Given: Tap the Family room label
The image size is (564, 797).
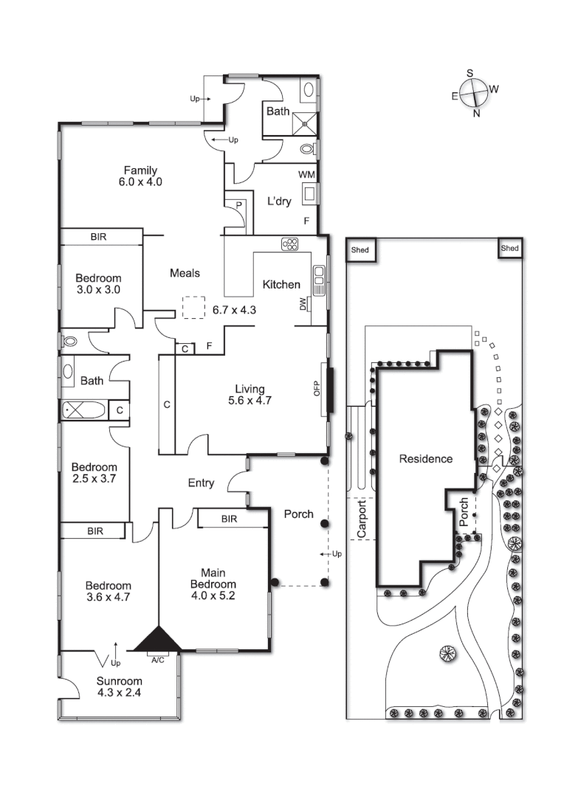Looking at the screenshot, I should coord(140,176).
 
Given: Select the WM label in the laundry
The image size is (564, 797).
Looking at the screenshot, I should coord(307,174).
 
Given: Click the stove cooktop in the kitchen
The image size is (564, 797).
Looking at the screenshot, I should coord(289,244).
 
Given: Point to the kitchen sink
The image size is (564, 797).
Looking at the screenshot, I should coord(320,280).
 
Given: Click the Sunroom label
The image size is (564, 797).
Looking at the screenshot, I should coord(119,686).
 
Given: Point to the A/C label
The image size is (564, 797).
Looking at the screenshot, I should coord(157,659).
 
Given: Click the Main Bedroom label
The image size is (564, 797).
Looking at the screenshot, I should coord(213,583).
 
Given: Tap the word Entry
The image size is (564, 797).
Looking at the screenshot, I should coord(201,483).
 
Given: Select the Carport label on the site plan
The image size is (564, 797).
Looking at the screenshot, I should coord(362,520).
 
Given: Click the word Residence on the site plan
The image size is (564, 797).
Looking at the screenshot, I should coord(426,458).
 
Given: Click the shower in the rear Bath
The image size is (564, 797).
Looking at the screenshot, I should coord(303,122).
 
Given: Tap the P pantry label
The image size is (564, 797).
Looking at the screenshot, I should coord(238,204).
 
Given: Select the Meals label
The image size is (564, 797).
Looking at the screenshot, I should coord(185,273).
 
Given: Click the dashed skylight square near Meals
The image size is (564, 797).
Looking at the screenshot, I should coord(194,307).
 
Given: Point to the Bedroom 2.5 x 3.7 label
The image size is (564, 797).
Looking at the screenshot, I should coord(94,473).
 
